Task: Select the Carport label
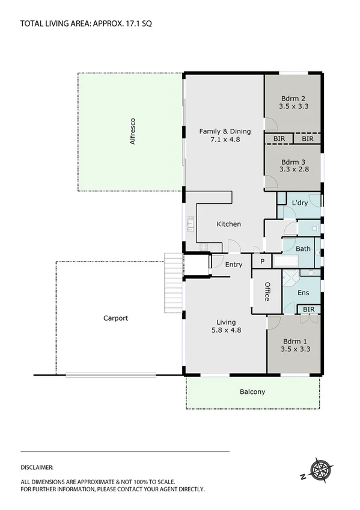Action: click(115, 318)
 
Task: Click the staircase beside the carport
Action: click(172, 282)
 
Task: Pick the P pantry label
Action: click(261, 262)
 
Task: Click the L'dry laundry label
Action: click(299, 203)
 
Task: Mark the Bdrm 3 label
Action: click(293, 162)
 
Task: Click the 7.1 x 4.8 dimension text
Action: click(225, 140)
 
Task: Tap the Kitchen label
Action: click(228, 224)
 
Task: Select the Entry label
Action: click(234, 264)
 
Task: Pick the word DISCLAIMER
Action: click(37, 467)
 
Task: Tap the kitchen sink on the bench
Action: click(191, 224)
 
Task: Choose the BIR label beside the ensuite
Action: click(309, 309)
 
